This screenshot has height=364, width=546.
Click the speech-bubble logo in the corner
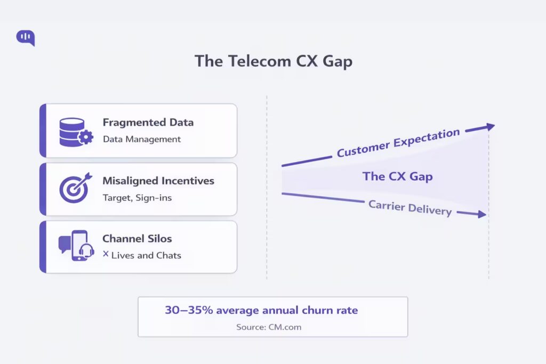[26, 37]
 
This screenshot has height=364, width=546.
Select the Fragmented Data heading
[148, 122]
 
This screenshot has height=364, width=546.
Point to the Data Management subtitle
[141, 139]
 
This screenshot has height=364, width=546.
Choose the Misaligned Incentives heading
[158, 181]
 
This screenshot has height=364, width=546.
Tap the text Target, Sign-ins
[136, 198]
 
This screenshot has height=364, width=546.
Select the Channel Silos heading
[137, 238]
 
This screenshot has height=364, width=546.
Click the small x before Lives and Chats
[106, 254]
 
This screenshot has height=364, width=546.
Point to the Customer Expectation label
[398, 142]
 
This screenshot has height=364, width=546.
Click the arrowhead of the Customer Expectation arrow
[489, 126]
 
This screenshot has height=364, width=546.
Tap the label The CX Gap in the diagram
[397, 176]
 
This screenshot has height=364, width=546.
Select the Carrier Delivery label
[409, 207]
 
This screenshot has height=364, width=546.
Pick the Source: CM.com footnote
[269, 327]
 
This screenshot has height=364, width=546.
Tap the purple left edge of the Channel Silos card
[43, 247]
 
